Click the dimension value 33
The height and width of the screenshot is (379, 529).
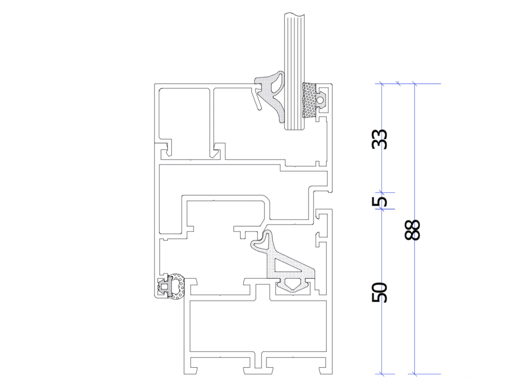click(380, 139)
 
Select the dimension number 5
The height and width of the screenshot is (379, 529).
click(380, 201)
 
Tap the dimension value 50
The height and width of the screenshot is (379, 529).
click(380, 292)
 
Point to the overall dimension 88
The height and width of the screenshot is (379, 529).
click(412, 230)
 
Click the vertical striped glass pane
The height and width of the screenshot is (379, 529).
click(295, 71)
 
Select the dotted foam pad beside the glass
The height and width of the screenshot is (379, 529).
click(310, 100)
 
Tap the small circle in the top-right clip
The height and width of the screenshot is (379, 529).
click(320, 99)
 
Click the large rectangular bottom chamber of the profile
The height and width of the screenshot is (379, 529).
click(258, 326)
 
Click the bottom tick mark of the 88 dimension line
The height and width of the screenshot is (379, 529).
click(415, 374)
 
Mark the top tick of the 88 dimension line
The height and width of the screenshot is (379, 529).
click(415, 83)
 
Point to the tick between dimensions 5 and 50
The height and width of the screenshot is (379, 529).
click(382, 209)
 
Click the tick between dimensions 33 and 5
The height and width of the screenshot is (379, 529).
click(382, 192)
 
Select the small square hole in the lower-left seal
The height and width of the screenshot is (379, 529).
click(164, 287)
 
